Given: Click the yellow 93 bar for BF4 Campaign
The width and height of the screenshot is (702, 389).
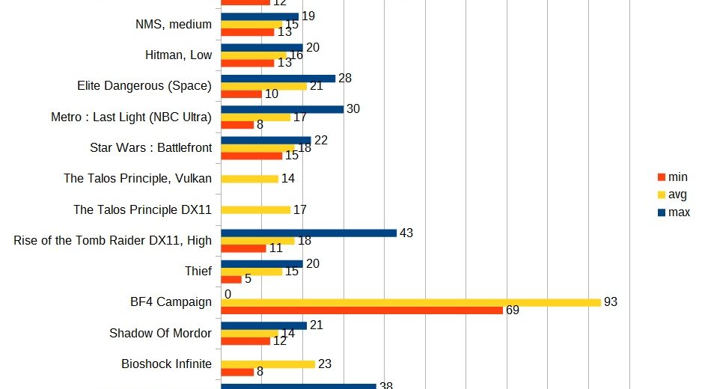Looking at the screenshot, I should [x=410, y=302].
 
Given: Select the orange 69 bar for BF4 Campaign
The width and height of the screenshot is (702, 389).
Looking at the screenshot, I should [x=361, y=310].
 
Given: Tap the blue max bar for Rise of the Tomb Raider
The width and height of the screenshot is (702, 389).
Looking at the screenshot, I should [x=308, y=233].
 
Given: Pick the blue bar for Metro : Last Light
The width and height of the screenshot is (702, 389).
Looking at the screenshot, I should [x=282, y=109].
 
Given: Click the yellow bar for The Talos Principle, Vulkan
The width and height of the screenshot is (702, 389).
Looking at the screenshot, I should [x=249, y=179].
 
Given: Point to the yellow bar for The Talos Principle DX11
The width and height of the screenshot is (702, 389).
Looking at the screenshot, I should [x=255, y=209].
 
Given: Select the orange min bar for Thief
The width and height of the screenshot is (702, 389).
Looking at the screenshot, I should [x=231, y=279].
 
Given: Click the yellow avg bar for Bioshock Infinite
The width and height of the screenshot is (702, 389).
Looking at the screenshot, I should [x=267, y=364].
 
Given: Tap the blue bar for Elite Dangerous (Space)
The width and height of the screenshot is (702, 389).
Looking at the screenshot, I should [x=278, y=79].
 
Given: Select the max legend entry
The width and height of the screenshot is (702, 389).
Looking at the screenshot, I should [x=673, y=212].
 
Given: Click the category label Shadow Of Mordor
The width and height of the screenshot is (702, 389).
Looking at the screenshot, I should [x=160, y=333].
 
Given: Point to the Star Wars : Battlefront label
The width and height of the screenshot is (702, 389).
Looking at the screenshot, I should [x=150, y=147].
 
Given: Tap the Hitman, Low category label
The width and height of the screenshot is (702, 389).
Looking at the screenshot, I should [x=178, y=55].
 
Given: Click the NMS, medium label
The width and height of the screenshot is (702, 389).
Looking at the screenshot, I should [x=168, y=24].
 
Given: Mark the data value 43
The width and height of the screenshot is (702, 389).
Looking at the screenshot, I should [x=406, y=233].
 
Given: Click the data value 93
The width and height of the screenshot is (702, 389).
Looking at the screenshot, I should [x=611, y=301].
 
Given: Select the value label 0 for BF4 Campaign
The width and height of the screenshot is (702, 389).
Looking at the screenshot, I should [x=228, y=294].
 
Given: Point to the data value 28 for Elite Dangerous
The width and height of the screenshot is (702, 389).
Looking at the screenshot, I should [x=344, y=78].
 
